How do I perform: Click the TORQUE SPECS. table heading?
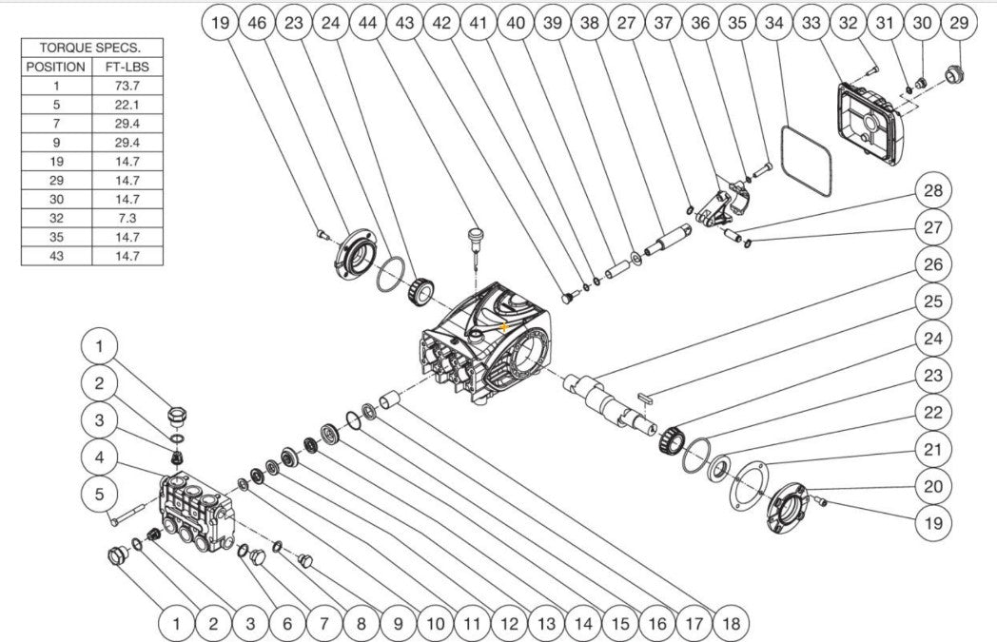(x=91, y=48)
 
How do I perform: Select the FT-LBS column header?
(x=127, y=67)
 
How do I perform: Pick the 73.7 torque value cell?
(x=127, y=86)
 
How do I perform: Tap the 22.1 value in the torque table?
(x=127, y=105)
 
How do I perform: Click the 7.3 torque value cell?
(x=127, y=218)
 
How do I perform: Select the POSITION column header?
(x=56, y=67)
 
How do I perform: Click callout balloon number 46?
(x=257, y=24)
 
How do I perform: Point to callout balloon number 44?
(x=367, y=24)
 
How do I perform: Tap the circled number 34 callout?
(x=773, y=24)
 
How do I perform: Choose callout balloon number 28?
(x=932, y=190)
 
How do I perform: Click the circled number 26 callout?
(x=932, y=264)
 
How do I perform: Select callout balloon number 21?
(x=932, y=449)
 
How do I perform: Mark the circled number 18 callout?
(x=731, y=624)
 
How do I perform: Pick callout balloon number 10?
(x=435, y=624)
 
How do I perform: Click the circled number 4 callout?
(x=99, y=457)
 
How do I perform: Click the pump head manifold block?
(x=197, y=512)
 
